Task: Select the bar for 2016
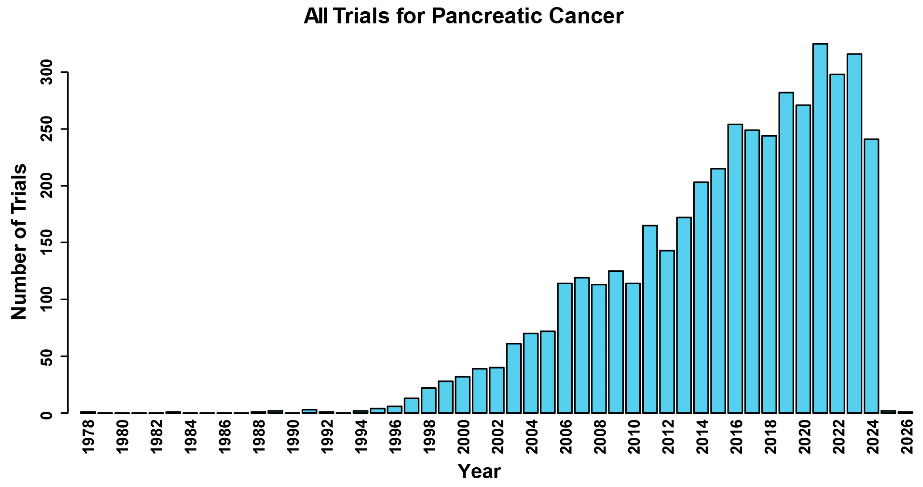(735, 268)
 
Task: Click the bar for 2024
(871, 276)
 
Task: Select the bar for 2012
(667, 331)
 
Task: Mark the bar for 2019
(786, 253)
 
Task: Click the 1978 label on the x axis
(88, 437)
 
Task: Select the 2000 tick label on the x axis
(463, 437)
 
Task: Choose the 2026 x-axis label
(907, 437)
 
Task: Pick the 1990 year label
(293, 437)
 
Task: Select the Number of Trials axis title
(19, 241)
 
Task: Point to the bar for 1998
(429, 400)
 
